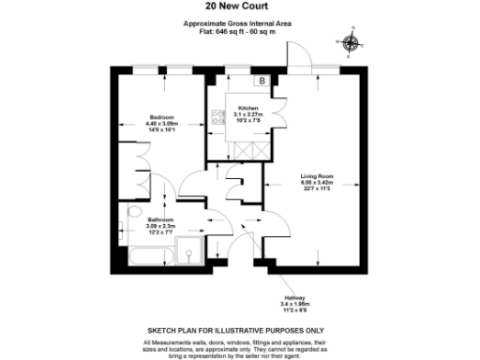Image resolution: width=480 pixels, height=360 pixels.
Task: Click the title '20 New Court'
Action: pos(240,7)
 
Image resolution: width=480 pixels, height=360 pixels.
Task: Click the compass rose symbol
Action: pos(352,43)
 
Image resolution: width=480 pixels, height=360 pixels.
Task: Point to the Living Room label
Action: pos(317,175)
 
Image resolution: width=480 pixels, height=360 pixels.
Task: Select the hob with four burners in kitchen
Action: pos(219,118)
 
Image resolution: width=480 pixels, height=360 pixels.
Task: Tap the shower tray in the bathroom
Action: pos(190,250)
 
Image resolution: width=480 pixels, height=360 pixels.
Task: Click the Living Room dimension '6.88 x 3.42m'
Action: pos(317,181)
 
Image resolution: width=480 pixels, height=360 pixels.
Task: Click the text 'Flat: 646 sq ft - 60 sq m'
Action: pos(240,32)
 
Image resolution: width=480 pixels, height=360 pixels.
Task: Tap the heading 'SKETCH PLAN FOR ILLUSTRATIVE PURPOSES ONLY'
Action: pos(240,331)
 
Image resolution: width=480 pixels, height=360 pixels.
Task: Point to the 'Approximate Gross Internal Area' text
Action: pos(240,24)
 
